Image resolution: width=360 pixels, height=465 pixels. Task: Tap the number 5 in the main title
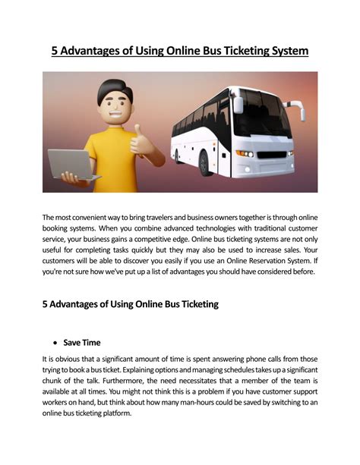tap(55, 51)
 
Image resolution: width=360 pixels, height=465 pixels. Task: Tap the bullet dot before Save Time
tap(56, 342)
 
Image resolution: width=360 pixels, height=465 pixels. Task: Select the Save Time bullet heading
tap(82, 342)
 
